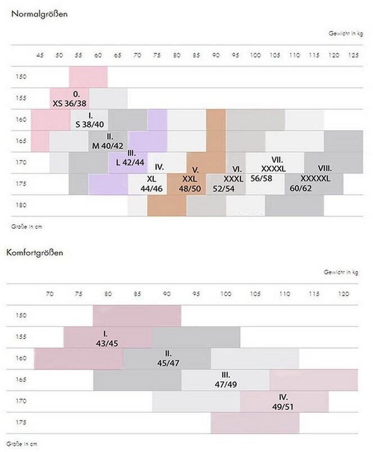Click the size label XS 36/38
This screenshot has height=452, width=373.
70,103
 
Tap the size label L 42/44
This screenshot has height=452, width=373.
130,162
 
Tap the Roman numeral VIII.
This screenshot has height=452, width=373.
325,167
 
